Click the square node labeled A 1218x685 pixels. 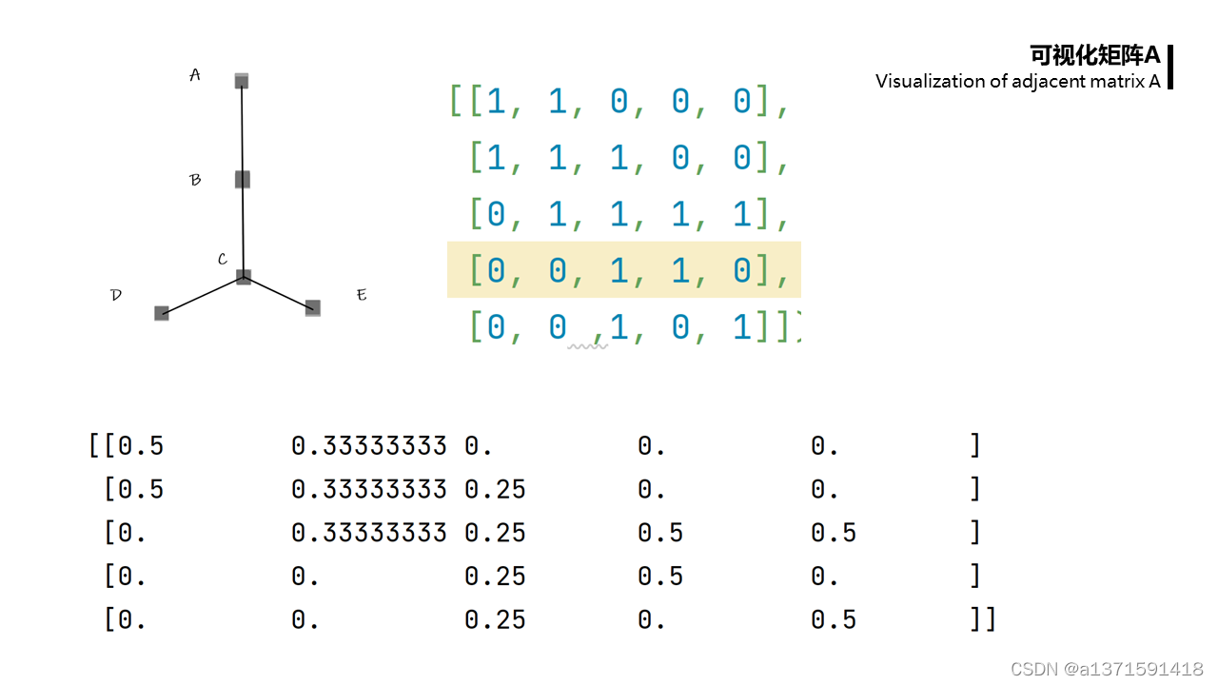[242, 81]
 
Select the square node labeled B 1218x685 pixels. [243, 179]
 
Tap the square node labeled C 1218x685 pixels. [244, 277]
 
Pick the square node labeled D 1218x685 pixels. [162, 313]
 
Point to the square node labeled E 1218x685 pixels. [313, 308]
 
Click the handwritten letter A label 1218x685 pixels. [195, 75]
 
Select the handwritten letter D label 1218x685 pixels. [116, 295]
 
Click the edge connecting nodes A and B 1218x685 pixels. [242, 130]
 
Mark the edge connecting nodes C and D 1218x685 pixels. [203, 295]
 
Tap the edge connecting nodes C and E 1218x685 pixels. [278, 292]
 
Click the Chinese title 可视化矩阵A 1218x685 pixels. [1095, 55]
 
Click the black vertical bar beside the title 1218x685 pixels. [1169, 67]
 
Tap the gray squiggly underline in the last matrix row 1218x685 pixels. [587, 347]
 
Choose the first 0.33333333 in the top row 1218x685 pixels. [368, 445]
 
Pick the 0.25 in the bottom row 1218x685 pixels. [495, 620]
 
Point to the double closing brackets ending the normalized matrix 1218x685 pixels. [982, 620]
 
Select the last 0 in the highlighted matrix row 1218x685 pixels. [742, 270]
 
